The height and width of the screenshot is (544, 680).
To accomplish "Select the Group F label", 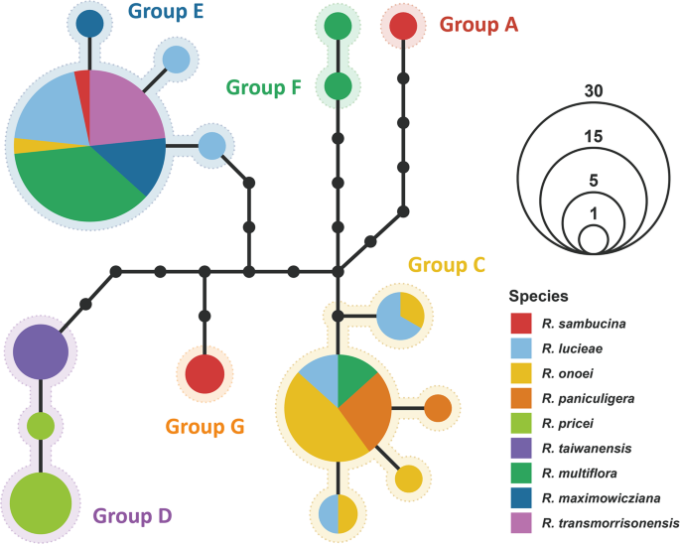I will [x=264, y=86].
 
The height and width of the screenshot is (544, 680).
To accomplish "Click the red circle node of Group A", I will [x=403, y=26].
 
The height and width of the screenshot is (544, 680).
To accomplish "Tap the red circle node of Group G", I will [x=204, y=374].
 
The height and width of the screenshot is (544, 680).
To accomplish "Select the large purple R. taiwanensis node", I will [x=40, y=350].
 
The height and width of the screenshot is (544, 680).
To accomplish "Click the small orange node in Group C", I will [x=439, y=407].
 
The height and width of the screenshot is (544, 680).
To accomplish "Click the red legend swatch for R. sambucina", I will [x=522, y=324].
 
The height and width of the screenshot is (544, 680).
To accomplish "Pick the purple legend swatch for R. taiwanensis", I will [x=522, y=448].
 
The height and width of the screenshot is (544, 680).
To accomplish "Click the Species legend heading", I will [x=539, y=296].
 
